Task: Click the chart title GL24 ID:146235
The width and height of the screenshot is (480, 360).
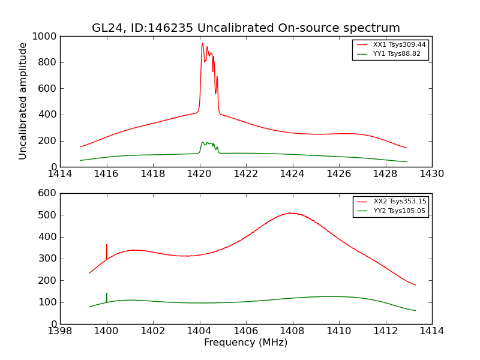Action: tap(245, 28)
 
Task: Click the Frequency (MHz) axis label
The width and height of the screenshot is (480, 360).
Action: tap(245, 343)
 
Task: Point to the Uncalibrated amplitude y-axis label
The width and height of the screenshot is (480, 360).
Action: tap(23, 101)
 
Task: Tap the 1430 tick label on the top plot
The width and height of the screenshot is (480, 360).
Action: tap(431, 174)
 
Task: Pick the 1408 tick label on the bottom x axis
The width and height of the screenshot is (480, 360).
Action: tap(292, 331)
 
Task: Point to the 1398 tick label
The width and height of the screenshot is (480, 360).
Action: tap(60, 331)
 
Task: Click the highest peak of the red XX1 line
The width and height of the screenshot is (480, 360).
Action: tap(202, 44)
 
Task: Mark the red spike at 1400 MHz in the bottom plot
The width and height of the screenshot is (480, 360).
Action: tap(107, 246)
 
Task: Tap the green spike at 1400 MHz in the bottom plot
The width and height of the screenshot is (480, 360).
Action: tap(107, 294)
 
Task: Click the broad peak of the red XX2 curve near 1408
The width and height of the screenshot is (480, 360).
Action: tap(291, 213)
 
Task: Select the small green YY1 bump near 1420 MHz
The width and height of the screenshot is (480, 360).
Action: tap(203, 142)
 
